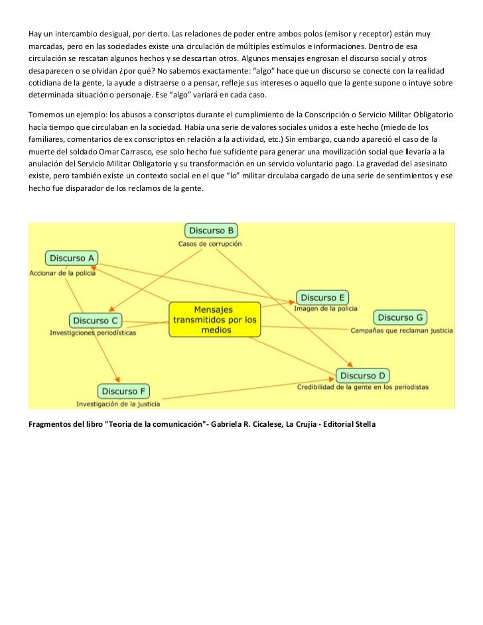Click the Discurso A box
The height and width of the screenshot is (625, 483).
(72, 258)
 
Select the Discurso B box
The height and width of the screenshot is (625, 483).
(211, 231)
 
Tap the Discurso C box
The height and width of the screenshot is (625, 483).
(95, 320)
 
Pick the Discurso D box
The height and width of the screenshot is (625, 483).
(362, 376)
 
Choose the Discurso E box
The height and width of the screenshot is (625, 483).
(322, 298)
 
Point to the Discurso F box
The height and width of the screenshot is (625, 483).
(124, 392)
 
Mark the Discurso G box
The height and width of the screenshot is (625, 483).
(400, 317)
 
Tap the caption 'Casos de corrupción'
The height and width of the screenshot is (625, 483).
(210, 244)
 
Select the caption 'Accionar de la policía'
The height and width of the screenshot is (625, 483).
(62, 272)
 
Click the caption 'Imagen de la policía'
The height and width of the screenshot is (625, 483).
(326, 308)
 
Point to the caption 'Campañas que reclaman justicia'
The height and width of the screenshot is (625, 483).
(401, 329)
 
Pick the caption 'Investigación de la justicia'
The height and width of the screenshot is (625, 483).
(117, 404)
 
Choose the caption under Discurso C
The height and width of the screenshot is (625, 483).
(93, 333)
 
